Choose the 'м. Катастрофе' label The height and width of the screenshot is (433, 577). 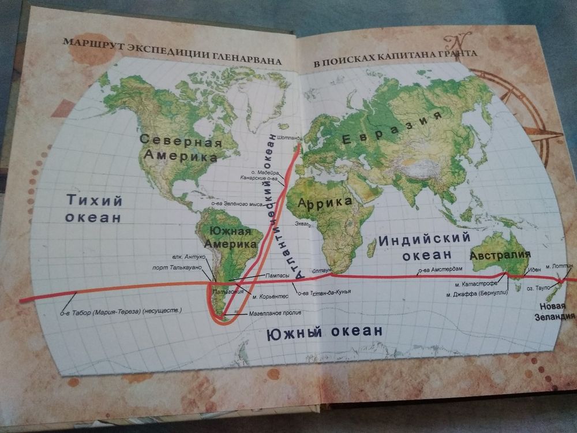[469, 285]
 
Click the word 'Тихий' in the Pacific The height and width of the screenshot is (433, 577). [95, 200]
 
